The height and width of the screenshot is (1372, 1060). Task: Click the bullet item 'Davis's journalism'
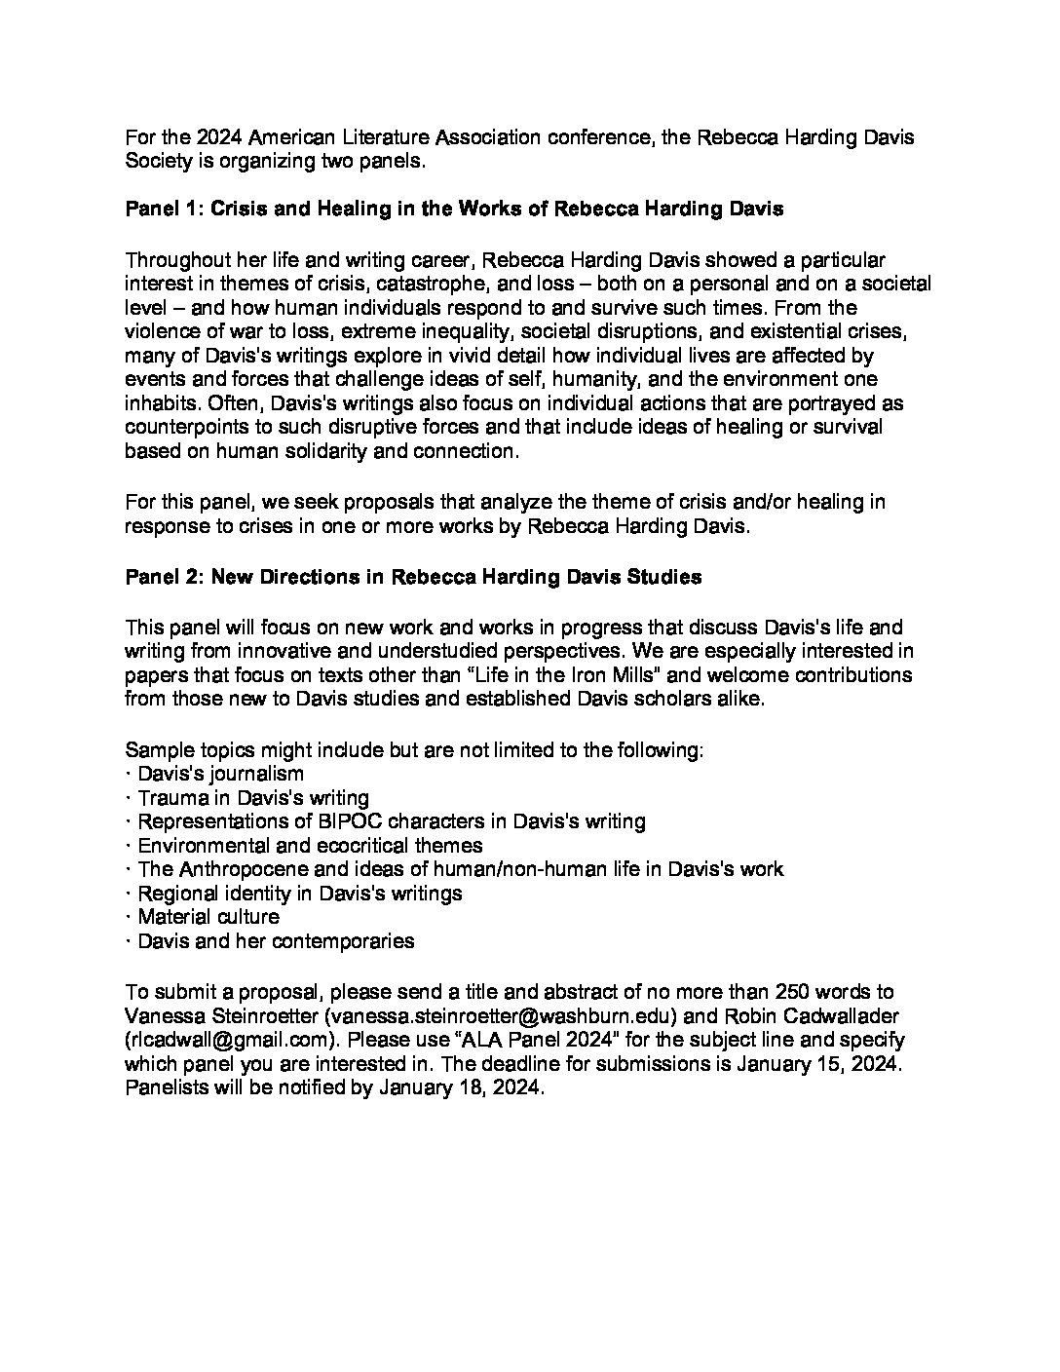coord(220,775)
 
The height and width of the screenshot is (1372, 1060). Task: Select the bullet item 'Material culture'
coord(208,917)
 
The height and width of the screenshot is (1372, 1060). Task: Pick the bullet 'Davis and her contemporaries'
coord(276,941)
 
